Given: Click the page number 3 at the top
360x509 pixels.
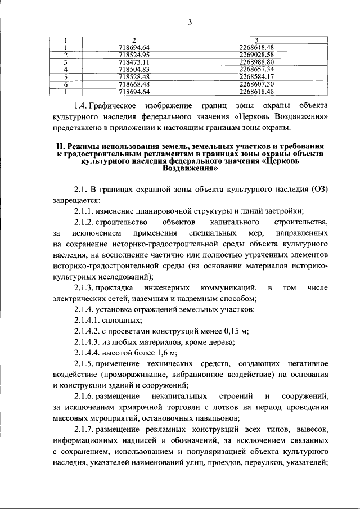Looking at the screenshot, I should [190, 22].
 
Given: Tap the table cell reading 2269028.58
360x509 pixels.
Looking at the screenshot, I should [256, 55].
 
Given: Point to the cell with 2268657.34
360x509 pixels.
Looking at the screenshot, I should [256, 70].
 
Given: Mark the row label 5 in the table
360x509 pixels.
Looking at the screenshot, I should [66, 77].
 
